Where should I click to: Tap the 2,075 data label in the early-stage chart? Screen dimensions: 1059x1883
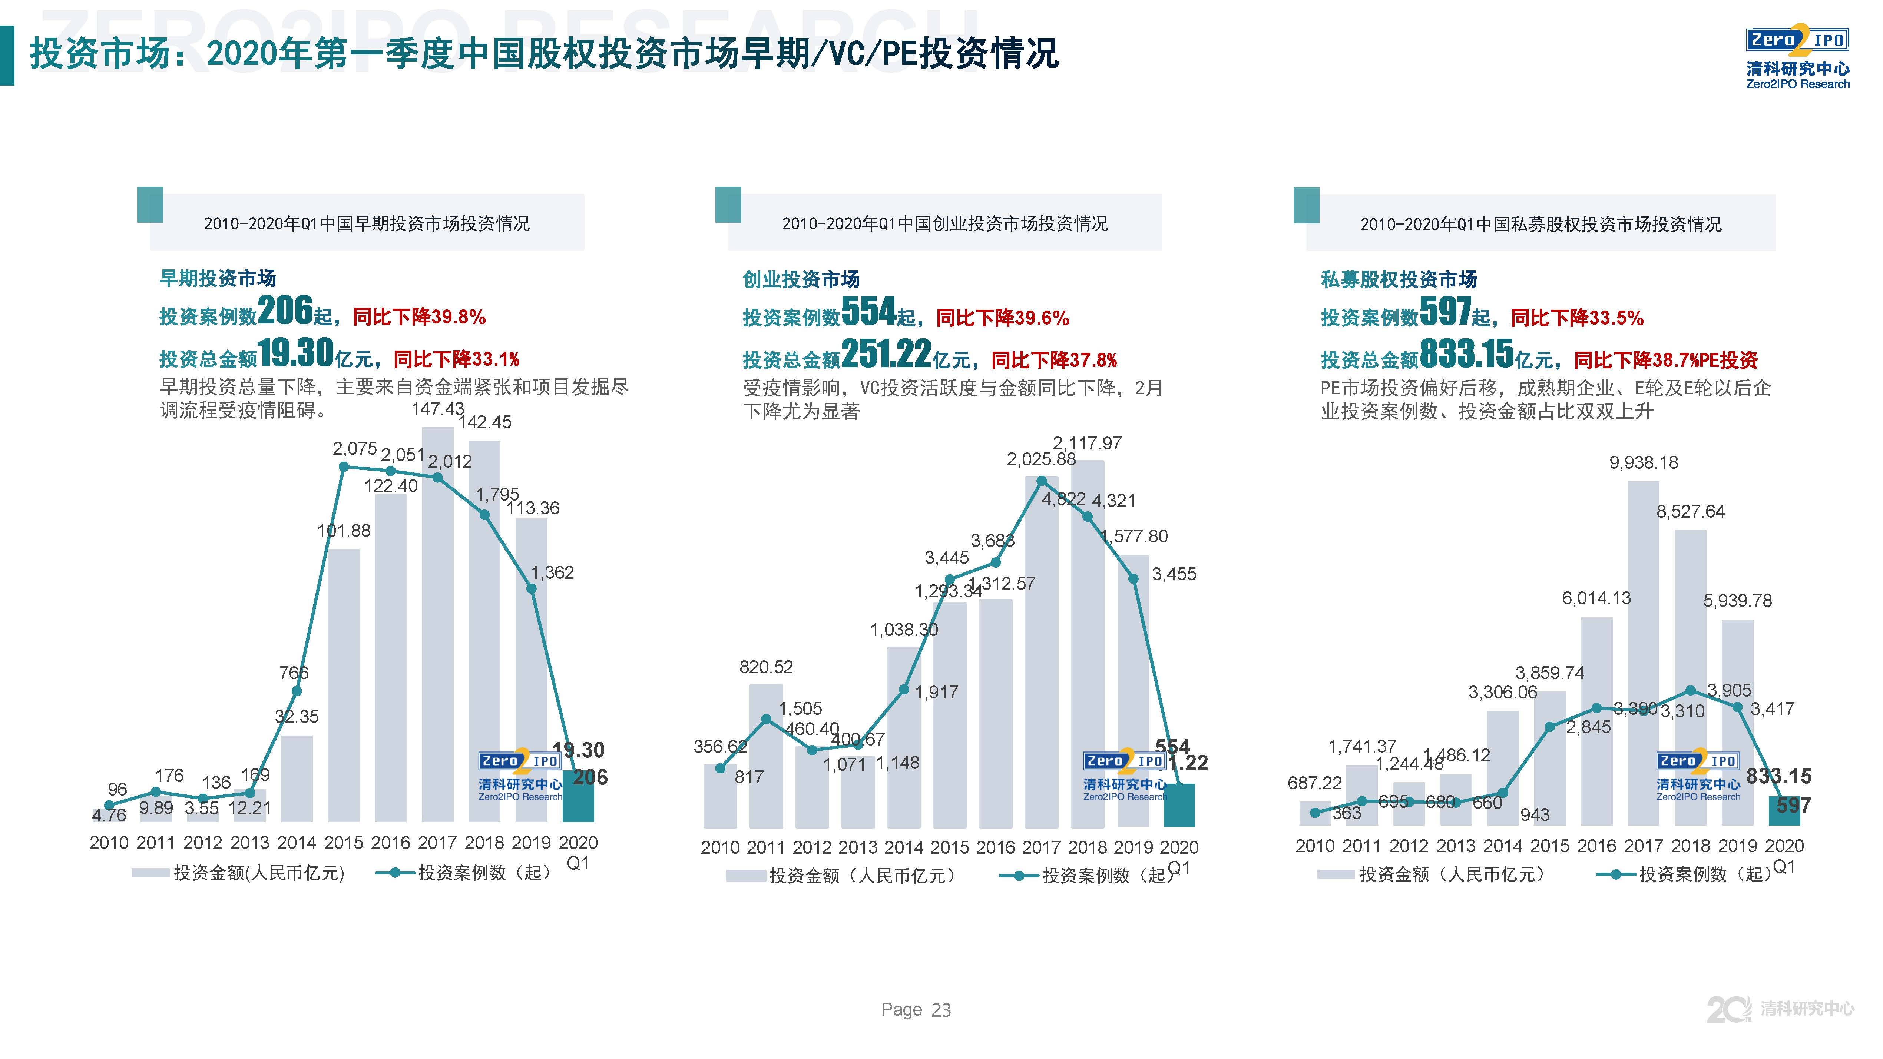[354, 449]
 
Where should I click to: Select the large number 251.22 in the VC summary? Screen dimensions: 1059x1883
[886, 355]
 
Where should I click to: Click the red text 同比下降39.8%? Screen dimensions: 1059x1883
[419, 317]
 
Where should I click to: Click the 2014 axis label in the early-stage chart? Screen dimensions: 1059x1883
[296, 843]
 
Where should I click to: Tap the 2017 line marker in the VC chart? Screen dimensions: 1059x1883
[1042, 481]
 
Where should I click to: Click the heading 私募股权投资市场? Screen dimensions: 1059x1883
[1399, 279]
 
